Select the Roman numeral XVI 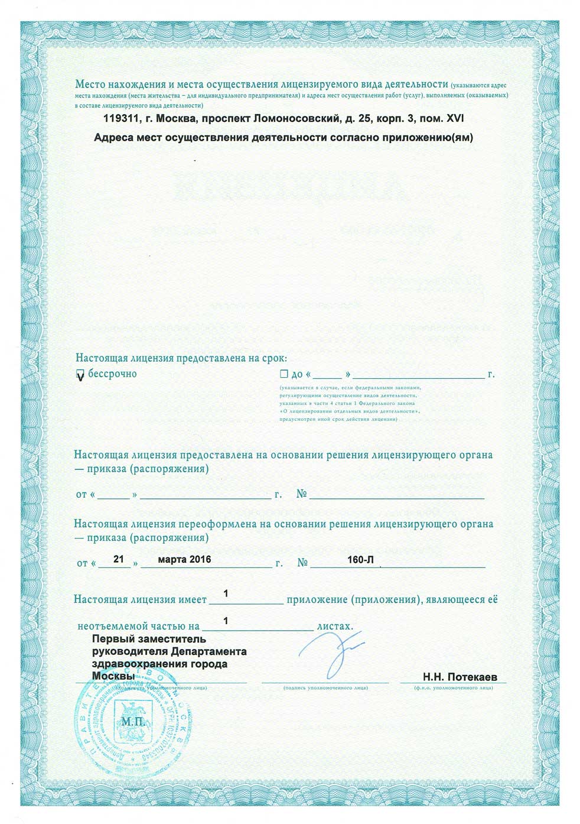(454, 119)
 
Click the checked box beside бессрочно (81, 375)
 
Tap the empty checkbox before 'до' (284, 374)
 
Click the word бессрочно (112, 374)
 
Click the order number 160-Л (361, 559)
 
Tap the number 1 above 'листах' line (226, 621)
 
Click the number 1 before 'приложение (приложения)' (226, 593)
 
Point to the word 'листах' (335, 625)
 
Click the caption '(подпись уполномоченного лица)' (325, 688)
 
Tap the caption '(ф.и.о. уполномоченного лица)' (454, 688)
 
